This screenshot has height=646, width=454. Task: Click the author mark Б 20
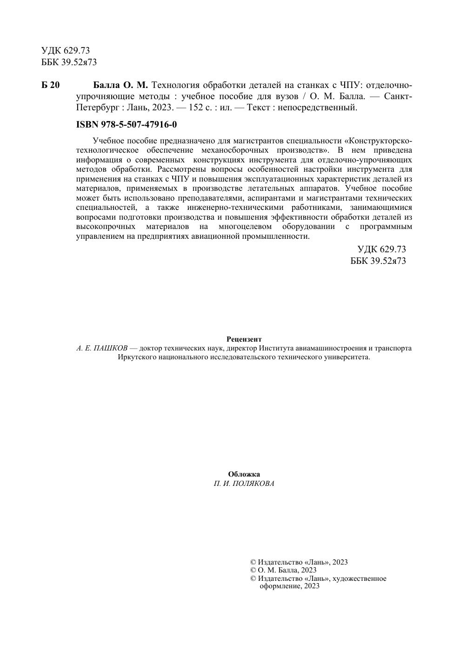tap(50, 85)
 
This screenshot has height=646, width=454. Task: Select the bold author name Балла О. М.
tap(120, 85)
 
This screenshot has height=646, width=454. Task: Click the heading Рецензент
tap(244, 339)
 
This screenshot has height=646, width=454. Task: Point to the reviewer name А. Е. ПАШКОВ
tap(102, 348)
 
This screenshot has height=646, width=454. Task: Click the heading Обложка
tap(244, 474)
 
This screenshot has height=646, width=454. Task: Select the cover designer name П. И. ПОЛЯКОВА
tap(244, 484)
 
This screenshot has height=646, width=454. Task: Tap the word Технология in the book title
tap(176, 85)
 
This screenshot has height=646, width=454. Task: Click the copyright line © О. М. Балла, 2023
tap(283, 570)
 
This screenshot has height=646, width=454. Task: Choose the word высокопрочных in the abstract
tap(106, 227)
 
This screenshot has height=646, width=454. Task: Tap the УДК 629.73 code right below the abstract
tap(381, 249)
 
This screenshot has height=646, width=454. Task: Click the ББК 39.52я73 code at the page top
tap(69, 62)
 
